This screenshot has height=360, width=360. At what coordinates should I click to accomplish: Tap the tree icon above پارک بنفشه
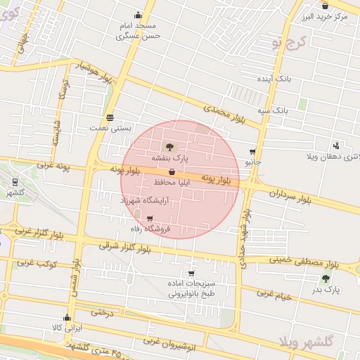(169, 147)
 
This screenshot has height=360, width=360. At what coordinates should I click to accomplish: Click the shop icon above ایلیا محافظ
(172, 172)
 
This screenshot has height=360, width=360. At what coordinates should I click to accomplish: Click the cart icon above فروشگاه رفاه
(150, 218)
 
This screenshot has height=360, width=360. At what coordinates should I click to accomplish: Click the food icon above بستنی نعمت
(110, 117)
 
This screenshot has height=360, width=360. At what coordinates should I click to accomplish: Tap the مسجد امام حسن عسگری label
(140, 30)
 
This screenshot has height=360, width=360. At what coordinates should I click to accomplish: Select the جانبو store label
(252, 162)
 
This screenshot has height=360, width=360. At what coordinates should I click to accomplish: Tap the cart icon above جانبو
(252, 151)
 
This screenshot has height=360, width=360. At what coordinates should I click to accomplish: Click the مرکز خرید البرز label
(333, 15)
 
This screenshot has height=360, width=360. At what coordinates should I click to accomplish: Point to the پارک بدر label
(326, 290)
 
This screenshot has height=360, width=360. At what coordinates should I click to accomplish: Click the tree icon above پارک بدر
(326, 278)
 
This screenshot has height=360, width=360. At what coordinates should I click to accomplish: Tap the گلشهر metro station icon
(15, 181)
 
